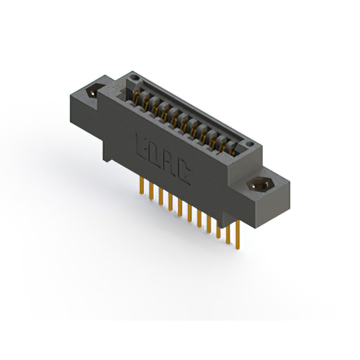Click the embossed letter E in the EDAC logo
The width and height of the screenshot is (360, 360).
(142, 146)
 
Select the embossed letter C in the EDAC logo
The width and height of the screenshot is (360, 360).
(185, 175)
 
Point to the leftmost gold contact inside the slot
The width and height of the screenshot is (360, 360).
(137, 99)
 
